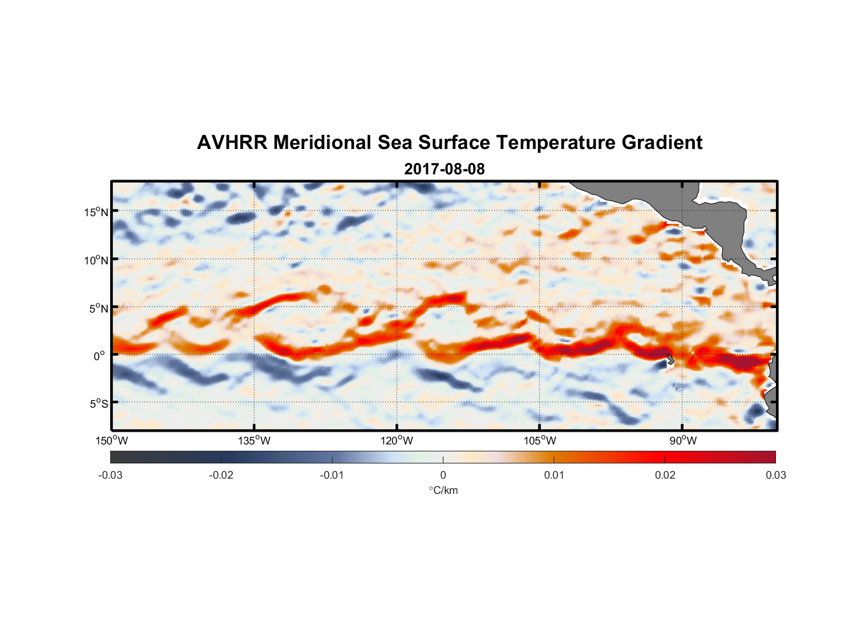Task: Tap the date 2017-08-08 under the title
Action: (444, 169)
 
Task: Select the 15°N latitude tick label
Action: (96, 212)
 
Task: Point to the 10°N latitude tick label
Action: (96, 260)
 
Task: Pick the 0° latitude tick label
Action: (99, 356)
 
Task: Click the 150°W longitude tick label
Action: (112, 441)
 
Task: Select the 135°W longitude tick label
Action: (255, 441)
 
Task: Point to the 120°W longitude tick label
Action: (397, 441)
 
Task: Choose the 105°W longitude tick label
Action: (540, 441)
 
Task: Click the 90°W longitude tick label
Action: (683, 441)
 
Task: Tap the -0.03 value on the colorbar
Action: (110, 475)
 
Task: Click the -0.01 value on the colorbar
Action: (332, 475)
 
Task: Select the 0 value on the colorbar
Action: (443, 475)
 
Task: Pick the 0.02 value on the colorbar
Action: (665, 475)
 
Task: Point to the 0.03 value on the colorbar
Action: (775, 475)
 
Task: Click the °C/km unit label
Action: (443, 490)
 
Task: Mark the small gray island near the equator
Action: (670, 359)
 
